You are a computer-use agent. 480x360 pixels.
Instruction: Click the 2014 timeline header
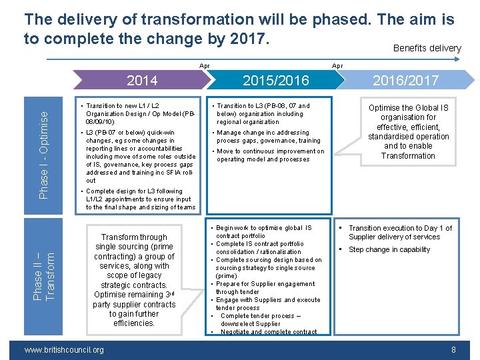[142, 81]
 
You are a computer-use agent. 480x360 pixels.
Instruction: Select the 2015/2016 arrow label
[276, 81]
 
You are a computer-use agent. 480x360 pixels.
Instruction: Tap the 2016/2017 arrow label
[405, 81]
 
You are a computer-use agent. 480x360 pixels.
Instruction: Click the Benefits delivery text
[427, 48]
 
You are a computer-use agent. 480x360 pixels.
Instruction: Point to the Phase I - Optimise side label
[44, 154]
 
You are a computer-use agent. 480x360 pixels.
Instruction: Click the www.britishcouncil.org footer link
[63, 350]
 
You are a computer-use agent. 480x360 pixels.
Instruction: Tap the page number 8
[453, 350]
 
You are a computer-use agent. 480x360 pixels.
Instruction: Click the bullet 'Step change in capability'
[389, 250]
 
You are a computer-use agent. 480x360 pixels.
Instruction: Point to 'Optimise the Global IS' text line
[408, 108]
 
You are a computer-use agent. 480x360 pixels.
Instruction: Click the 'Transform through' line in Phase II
[134, 237]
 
